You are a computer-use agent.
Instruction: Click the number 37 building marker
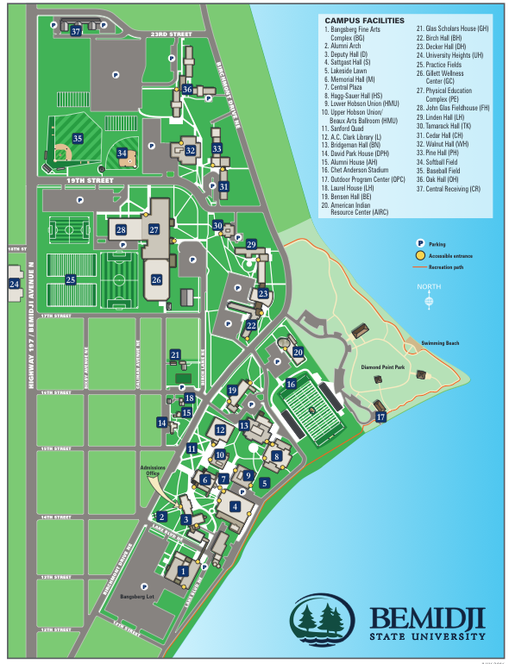tap(76, 31)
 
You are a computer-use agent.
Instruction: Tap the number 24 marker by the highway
tap(14, 283)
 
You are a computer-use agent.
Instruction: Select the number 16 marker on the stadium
tap(292, 384)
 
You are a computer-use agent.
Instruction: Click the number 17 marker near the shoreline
tap(380, 417)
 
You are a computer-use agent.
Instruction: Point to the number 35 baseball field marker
tap(78, 138)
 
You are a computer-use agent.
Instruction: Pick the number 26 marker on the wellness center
tap(156, 279)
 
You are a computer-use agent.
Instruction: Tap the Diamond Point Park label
tap(383, 368)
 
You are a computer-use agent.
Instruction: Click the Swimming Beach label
tap(439, 344)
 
